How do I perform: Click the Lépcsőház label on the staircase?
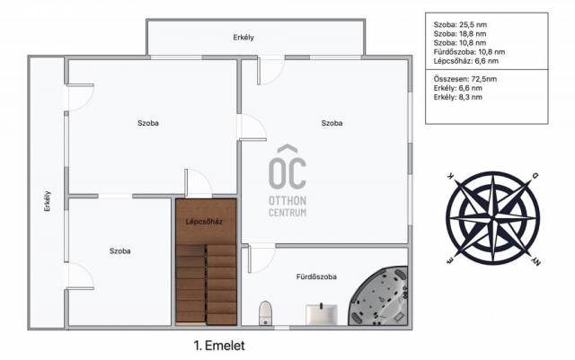pyautogui.click(x=204, y=222)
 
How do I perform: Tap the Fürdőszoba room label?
pyautogui.click(x=316, y=277)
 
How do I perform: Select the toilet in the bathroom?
pyautogui.click(x=265, y=313)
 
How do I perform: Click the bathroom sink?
pyautogui.click(x=322, y=314)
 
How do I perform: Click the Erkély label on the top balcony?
pyautogui.click(x=243, y=38)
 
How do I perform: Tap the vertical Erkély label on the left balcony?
pyautogui.click(x=48, y=201)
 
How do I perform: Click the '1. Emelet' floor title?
pyautogui.click(x=219, y=346)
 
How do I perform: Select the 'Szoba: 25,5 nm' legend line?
pyautogui.click(x=460, y=25)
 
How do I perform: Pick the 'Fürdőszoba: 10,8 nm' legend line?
pyautogui.click(x=469, y=52)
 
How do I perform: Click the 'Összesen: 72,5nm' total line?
pyautogui.click(x=465, y=79)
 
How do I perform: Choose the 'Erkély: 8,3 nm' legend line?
pyautogui.click(x=457, y=97)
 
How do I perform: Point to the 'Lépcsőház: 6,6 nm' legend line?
pyautogui.click(x=465, y=61)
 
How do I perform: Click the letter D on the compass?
pyautogui.click(x=535, y=176)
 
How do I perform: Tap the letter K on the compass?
pyautogui.click(x=450, y=176)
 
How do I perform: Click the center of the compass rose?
pyautogui.click(x=493, y=218)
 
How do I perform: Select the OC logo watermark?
pyautogui.click(x=287, y=166)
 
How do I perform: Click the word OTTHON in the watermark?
pyautogui.click(x=287, y=200)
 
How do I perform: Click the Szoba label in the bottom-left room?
pyautogui.click(x=119, y=251)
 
